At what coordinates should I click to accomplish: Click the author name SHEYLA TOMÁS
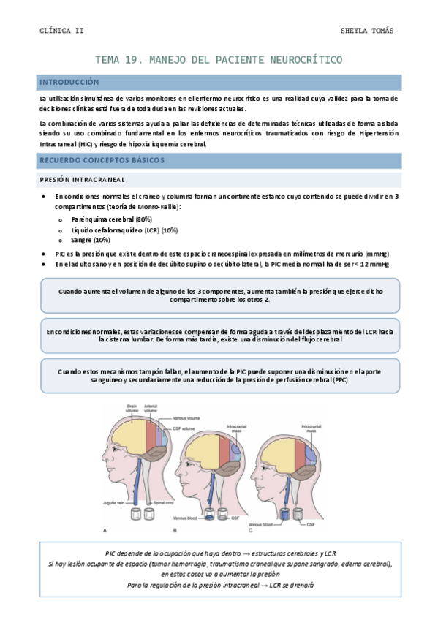click(x=367, y=31)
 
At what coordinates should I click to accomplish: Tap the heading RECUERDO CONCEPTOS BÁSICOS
click(x=102, y=159)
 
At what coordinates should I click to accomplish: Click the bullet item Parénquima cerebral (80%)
click(x=112, y=219)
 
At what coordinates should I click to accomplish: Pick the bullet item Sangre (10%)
click(x=91, y=240)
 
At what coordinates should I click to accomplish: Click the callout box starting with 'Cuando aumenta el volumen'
click(x=219, y=295)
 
